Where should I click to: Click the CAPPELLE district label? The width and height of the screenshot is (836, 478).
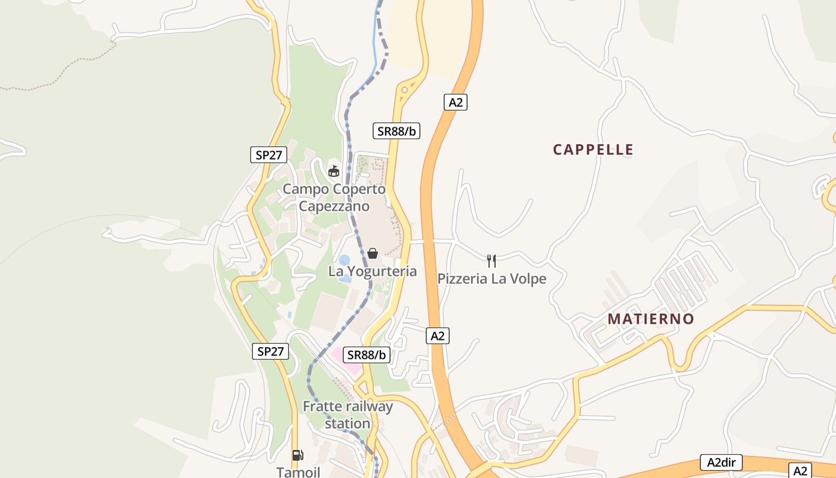click(593, 149)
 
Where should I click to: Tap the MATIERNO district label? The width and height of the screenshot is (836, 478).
click(651, 319)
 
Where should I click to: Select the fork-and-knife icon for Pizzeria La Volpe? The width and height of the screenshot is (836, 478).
click(491, 261)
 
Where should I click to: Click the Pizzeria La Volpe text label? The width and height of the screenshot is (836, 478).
click(491, 279)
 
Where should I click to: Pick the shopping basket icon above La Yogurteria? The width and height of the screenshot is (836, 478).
click(373, 253)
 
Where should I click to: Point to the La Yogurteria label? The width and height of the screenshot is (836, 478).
click(373, 271)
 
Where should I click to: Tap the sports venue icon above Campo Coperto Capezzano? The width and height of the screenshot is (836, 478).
click(334, 171)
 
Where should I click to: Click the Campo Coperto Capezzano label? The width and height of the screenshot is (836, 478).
click(334, 198)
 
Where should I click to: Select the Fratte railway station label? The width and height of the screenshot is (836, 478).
click(348, 415)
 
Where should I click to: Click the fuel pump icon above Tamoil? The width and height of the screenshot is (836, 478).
click(297, 455)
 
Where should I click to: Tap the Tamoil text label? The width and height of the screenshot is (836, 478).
click(298, 472)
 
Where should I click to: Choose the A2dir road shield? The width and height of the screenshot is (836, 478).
click(721, 462)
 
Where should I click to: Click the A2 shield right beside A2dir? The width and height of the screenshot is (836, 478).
click(800, 470)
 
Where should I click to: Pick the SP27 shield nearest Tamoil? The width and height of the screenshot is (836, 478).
click(271, 351)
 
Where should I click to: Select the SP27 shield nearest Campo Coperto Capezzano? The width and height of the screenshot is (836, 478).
click(269, 155)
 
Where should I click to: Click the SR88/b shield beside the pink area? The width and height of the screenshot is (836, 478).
click(367, 355)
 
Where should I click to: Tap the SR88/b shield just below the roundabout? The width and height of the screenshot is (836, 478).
click(397, 131)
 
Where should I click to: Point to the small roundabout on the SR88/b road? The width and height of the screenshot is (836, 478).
click(405, 90)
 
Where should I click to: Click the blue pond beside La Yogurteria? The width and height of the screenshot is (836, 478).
click(345, 261)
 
